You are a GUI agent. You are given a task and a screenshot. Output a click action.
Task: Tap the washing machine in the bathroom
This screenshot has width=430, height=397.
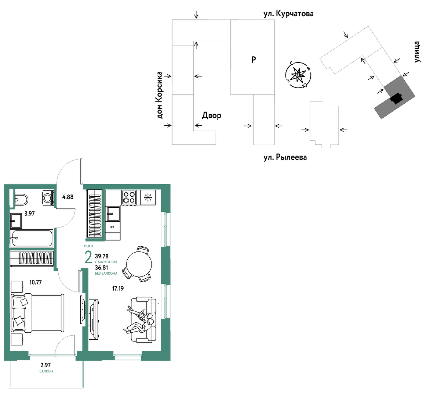tap(48, 197)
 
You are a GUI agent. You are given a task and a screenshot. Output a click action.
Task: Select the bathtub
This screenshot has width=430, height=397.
tap(32, 238)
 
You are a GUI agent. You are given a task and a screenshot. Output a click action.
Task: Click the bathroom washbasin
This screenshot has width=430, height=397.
tap(16, 221)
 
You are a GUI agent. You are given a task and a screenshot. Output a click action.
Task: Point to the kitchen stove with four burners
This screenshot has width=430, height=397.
tap(129, 197)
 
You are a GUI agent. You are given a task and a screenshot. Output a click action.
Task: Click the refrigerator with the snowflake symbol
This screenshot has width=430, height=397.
tap(148, 197)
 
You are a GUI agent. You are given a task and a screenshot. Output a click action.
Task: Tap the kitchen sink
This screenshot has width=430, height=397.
tap(113, 214)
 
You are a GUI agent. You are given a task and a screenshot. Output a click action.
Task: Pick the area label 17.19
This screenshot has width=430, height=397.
tap(118, 289)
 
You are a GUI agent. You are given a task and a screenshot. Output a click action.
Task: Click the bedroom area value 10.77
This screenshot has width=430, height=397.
tap(36, 282)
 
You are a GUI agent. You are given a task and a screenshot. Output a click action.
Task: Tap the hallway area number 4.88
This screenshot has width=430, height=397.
tap(68, 197)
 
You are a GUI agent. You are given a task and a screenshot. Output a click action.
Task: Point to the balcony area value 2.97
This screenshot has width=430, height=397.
tap(45, 365)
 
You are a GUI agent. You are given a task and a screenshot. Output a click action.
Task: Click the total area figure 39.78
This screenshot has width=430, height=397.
tap(102, 256)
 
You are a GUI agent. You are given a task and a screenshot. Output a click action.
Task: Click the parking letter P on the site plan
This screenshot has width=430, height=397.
tap(254, 59)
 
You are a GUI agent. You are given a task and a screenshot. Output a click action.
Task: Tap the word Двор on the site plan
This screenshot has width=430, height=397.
tap(212, 115)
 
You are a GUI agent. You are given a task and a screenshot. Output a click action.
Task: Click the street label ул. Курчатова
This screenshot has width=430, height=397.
tap(288, 14)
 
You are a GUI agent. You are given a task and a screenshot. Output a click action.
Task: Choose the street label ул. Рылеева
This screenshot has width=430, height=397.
tap(285, 157)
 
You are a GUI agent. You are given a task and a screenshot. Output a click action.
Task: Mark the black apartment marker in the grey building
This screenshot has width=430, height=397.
tap(396, 99)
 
